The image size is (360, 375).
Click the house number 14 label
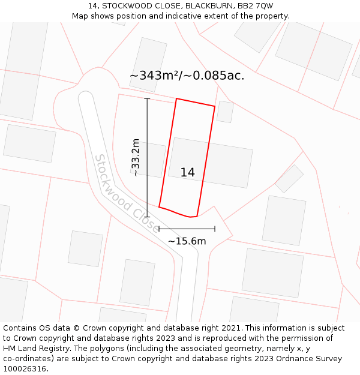[187, 173]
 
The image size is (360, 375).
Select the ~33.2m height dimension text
[136, 157]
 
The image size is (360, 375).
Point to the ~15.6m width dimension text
[187, 241]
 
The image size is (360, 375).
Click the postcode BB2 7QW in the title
[256, 6]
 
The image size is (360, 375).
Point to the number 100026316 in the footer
[23, 369]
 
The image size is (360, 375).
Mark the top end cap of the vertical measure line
[147, 98]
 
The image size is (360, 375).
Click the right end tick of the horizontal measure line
[215, 229]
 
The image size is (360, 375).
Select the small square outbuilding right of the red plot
[225, 112]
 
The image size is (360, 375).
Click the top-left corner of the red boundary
[176, 99]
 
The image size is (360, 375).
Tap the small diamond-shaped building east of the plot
[289, 178]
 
